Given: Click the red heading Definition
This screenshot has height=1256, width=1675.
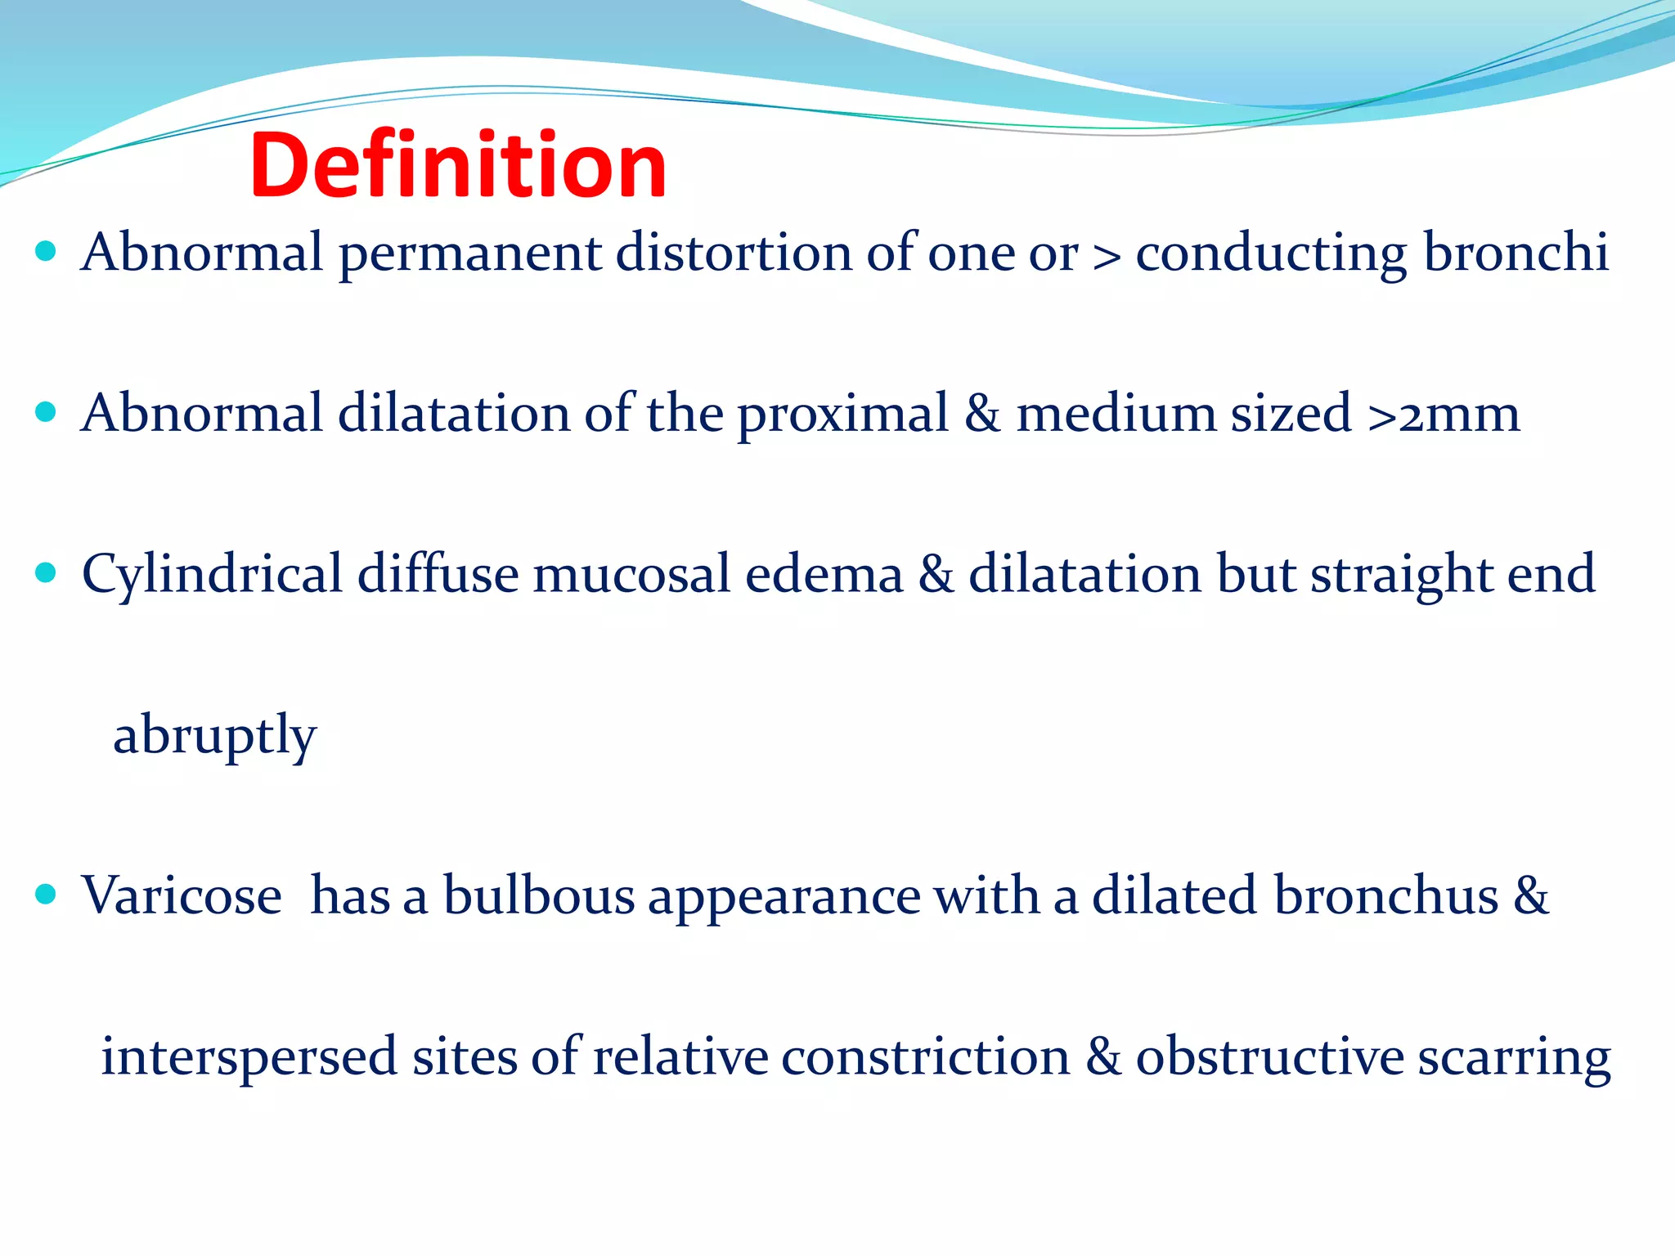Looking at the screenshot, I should tap(458, 166).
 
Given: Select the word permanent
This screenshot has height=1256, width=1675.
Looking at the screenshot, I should tap(469, 253).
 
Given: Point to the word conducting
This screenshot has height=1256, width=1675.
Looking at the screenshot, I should tap(1271, 253).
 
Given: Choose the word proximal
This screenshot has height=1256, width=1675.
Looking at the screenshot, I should tap(842, 415).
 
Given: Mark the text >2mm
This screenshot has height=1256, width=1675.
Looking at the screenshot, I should tap(1444, 415).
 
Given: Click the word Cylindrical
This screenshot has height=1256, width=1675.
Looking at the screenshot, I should tap(212, 575).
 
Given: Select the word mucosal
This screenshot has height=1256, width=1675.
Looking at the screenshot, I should tap(631, 575).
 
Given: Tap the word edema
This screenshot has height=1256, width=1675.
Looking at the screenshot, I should tap(824, 575).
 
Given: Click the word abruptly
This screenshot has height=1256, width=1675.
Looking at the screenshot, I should tap(214, 737).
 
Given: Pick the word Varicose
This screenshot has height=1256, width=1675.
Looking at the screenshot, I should tap(182, 896).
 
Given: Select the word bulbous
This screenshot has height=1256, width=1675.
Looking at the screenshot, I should tap(538, 896).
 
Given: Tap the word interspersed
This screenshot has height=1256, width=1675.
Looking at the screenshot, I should tap(249, 1058).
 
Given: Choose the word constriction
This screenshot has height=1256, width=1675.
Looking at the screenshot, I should tap(925, 1056).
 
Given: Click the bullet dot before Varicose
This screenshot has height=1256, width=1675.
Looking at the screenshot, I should tap(47, 895).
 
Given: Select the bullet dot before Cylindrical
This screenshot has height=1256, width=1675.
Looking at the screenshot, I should tap(47, 572).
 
